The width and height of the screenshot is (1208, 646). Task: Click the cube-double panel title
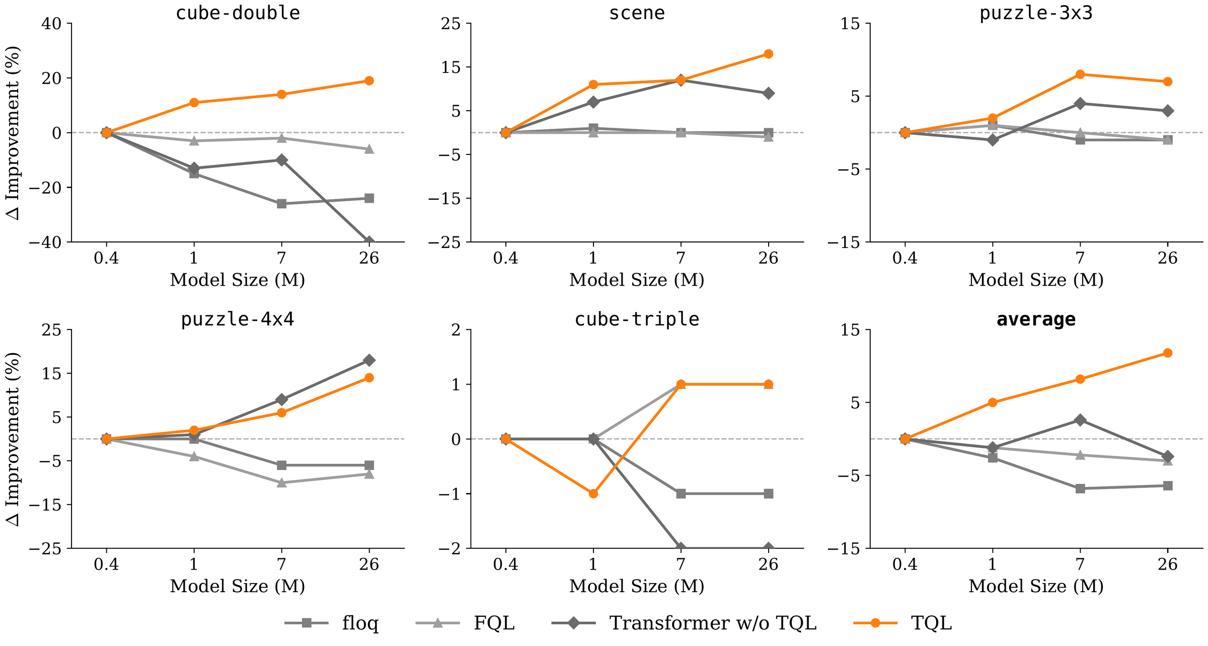(238, 13)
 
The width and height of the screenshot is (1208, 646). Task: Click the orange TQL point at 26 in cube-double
(369, 80)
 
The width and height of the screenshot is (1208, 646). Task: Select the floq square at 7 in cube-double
(281, 204)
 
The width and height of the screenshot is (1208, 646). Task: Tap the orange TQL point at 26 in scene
(768, 54)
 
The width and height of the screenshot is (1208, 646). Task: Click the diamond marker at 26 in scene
(768, 93)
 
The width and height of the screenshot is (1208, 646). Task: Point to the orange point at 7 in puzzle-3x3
(1080, 74)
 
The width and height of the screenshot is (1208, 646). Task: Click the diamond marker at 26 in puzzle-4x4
(369, 360)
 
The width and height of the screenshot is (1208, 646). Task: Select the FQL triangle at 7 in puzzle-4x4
(281, 482)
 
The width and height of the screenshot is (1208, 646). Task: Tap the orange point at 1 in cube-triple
(593, 494)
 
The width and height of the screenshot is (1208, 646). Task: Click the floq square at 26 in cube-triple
(768, 494)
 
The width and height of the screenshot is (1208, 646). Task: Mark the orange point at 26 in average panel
(1168, 353)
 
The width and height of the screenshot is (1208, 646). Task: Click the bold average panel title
(1036, 319)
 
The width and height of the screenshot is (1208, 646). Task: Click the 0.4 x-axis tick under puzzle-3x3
(904, 259)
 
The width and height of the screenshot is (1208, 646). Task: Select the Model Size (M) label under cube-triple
(637, 586)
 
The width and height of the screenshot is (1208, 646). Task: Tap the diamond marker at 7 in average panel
(1080, 420)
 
